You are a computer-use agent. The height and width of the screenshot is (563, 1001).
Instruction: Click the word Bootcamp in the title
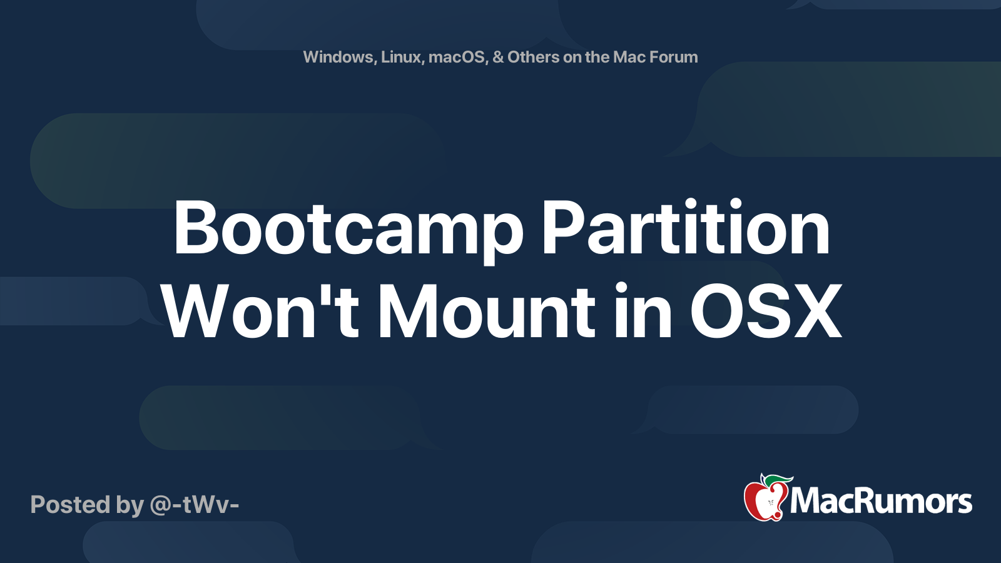[x=348, y=230]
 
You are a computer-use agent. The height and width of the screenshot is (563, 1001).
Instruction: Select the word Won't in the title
[x=260, y=312]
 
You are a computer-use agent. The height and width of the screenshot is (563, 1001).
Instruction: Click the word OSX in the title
[x=766, y=312]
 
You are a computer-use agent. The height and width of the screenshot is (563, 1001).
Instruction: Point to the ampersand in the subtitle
[x=498, y=57]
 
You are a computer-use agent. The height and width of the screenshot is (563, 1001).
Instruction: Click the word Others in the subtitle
[x=533, y=57]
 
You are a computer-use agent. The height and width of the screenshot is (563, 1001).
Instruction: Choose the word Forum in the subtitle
[x=673, y=57]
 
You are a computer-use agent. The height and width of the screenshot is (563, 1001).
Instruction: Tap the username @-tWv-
[x=195, y=504]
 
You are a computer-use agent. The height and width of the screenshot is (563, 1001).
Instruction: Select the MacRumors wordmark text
[x=881, y=502]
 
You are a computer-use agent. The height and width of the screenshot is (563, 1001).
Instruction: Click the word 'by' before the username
[x=130, y=505]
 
